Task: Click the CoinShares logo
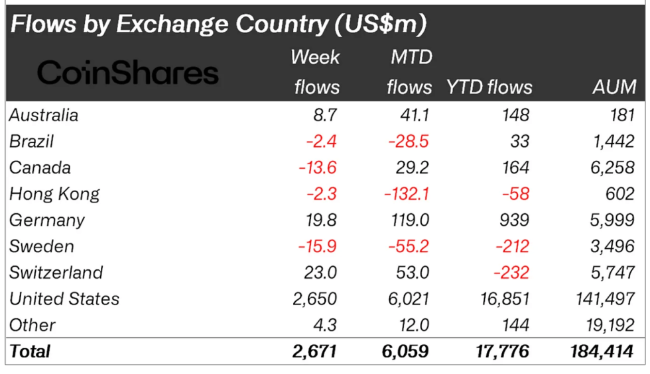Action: click(x=127, y=73)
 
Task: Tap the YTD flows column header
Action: click(x=489, y=87)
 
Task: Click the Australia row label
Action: click(x=44, y=115)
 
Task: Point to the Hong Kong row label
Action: click(x=54, y=194)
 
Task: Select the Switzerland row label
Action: click(x=56, y=273)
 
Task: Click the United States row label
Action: click(x=64, y=299)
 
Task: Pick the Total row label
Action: click(x=30, y=351)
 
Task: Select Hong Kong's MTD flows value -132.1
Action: click(x=406, y=194)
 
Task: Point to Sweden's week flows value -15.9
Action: click(x=317, y=246)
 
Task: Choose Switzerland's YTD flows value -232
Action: click(x=509, y=273)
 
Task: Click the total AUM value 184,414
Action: click(x=599, y=351)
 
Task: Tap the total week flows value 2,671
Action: click(x=315, y=351)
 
